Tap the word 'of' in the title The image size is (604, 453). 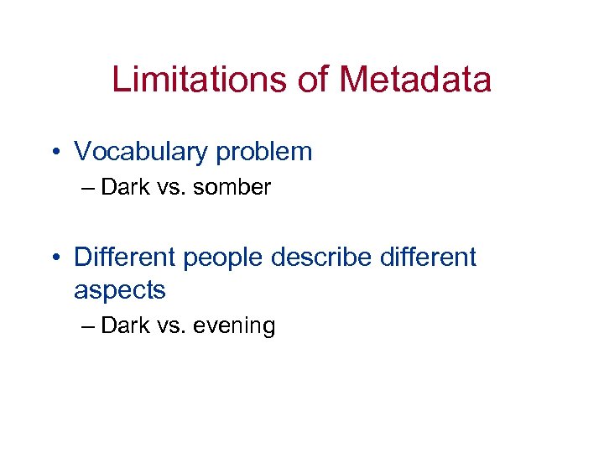click(314, 80)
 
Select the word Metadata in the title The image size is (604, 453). click(416, 80)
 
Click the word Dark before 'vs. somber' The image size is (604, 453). click(123, 187)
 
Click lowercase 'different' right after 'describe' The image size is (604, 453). click(427, 256)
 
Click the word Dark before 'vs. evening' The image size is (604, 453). click(123, 325)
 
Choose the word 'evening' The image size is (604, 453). click(234, 326)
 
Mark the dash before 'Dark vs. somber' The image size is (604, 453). click(90, 188)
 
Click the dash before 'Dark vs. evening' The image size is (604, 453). click(90, 325)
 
